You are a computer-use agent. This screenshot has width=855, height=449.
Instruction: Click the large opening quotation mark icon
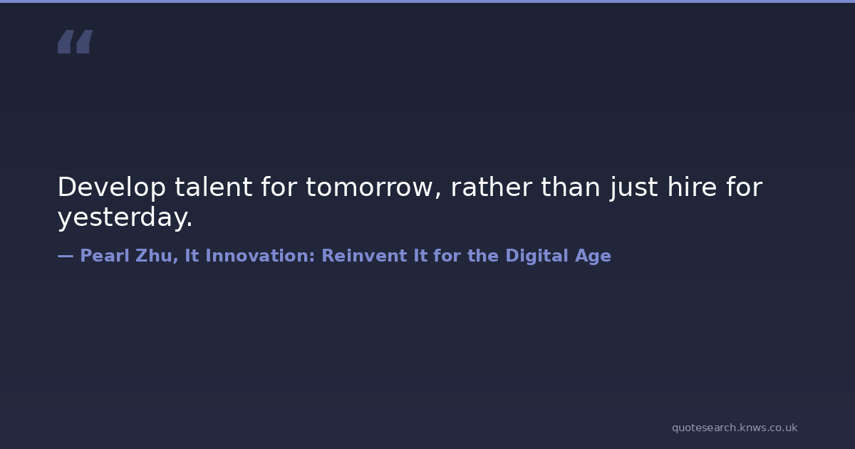click(76, 41)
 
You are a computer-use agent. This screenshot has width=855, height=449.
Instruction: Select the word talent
click(213, 187)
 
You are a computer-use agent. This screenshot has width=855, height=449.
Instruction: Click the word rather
click(491, 187)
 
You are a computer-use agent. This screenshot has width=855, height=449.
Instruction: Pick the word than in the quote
click(570, 187)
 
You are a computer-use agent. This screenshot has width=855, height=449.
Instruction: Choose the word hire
click(692, 187)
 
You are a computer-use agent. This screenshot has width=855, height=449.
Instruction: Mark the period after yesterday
click(190, 225)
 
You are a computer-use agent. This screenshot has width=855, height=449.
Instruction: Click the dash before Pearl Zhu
click(66, 256)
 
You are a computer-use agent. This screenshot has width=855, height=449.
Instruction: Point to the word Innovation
click(260, 255)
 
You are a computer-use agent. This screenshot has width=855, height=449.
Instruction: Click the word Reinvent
click(365, 255)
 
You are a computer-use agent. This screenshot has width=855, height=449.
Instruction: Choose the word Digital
click(537, 256)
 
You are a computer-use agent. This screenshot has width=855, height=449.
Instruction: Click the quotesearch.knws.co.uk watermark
click(735, 428)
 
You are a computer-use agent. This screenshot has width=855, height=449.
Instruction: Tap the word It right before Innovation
click(192, 255)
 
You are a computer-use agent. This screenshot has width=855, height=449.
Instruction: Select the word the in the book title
click(483, 255)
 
